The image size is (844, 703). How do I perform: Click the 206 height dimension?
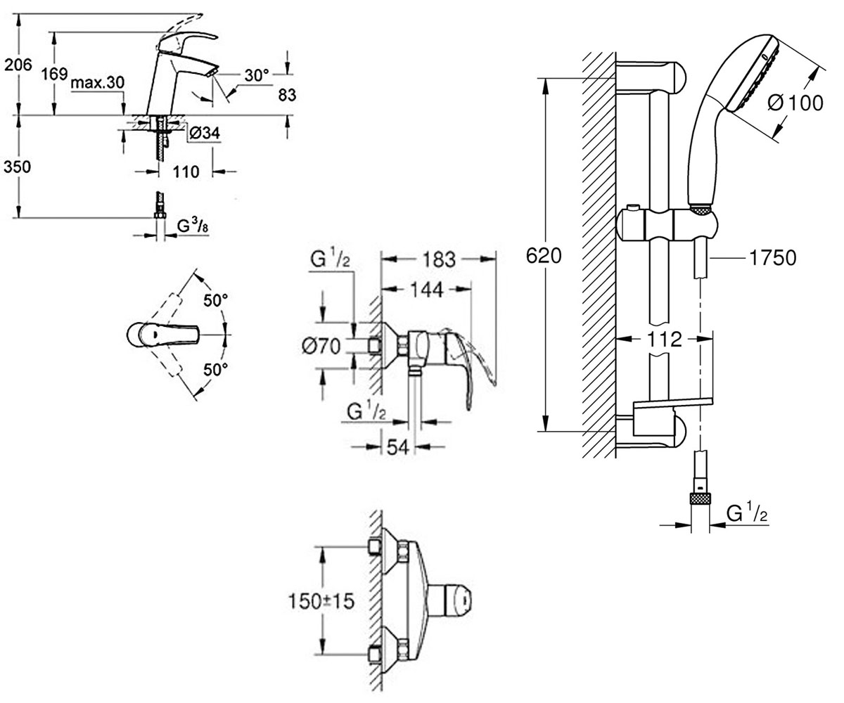point(18,65)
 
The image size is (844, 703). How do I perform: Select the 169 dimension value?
point(54,74)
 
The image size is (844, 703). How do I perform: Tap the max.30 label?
point(98,82)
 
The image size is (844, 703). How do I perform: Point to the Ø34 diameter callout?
point(205,133)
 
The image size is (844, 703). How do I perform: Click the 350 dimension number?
point(17,167)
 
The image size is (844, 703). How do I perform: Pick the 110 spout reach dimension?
point(186,172)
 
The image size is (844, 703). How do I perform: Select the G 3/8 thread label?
point(193,226)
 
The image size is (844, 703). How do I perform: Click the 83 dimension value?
point(287,95)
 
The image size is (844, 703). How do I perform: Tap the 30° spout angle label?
point(256,75)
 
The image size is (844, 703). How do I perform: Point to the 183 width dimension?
point(440,259)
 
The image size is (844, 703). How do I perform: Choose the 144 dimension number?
point(427,290)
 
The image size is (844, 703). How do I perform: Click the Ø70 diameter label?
point(321,347)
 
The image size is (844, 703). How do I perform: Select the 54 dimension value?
point(398,447)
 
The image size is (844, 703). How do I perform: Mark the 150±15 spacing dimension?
point(321,601)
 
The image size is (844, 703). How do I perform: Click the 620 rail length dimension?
point(544,256)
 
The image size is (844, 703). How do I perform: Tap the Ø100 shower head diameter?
point(795,103)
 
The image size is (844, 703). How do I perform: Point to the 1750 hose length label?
point(773,258)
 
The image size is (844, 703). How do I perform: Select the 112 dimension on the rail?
point(664,340)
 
